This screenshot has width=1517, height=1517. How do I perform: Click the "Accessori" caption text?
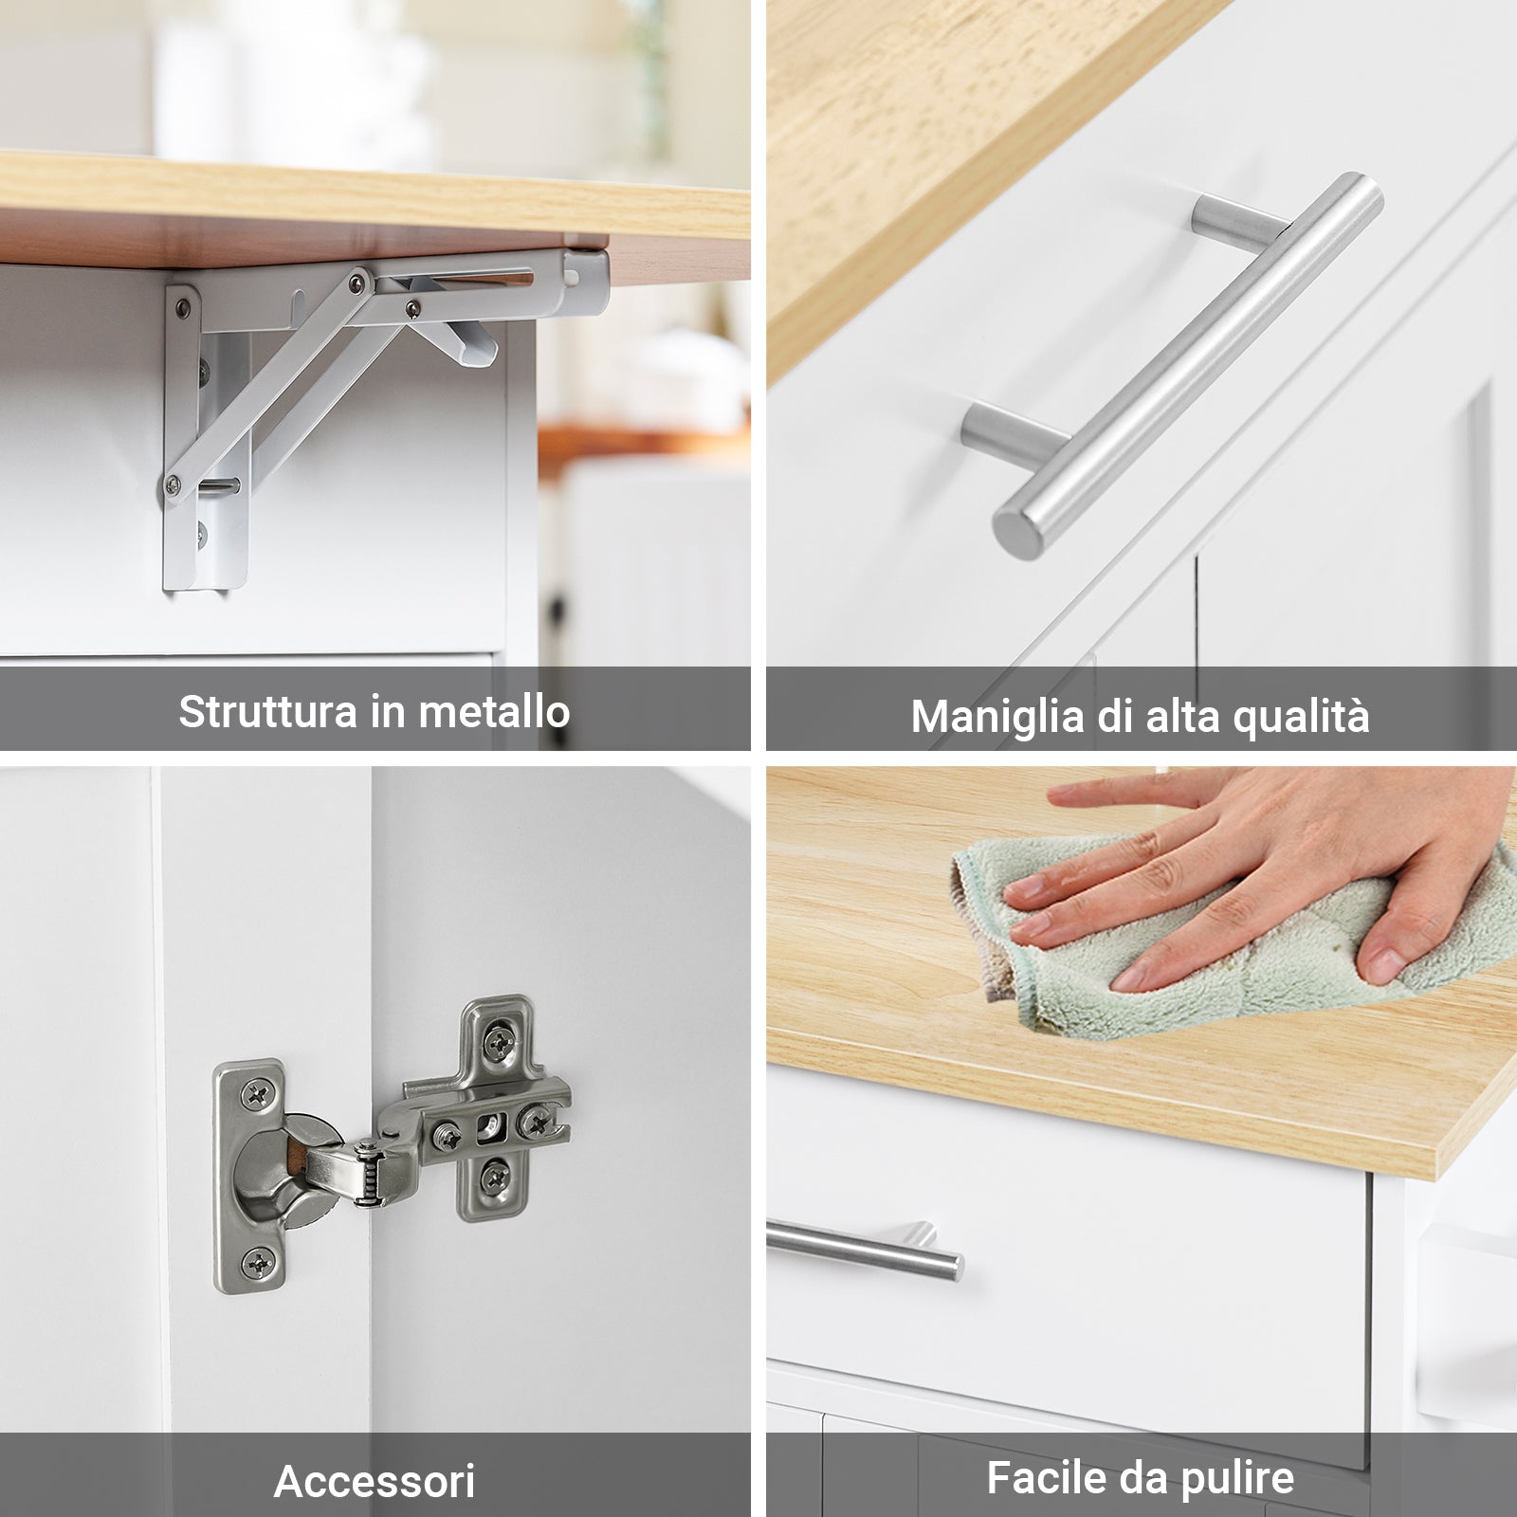pyautogui.click(x=375, y=1481)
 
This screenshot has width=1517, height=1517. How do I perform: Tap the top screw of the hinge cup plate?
pyautogui.click(x=256, y=1096)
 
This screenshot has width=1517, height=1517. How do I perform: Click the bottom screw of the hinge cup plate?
pyautogui.click(x=258, y=1262)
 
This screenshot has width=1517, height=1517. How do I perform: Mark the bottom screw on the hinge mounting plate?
pyautogui.click(x=493, y=1179)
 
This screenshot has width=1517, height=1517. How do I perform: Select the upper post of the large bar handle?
pyautogui.click(x=1233, y=220)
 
